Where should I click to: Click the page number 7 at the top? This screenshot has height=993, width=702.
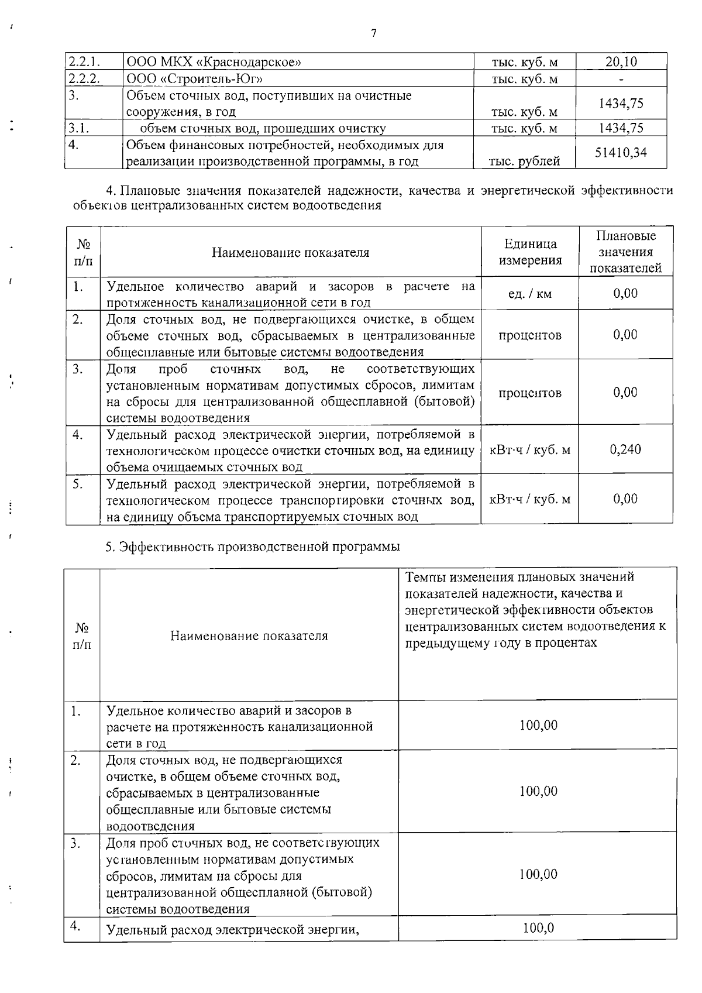click(x=373, y=33)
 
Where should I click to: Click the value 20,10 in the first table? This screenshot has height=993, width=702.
click(x=621, y=62)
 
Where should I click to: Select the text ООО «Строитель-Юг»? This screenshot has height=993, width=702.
click(x=195, y=79)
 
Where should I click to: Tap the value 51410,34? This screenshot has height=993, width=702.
click(x=621, y=153)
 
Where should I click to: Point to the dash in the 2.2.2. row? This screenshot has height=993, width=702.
click(x=621, y=79)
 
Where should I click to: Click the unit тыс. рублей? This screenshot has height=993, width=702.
click(x=525, y=161)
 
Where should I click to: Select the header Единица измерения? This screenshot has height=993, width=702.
click(x=530, y=252)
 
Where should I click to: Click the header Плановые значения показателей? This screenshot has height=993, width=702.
click(x=625, y=252)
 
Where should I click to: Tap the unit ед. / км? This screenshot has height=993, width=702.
click(x=530, y=294)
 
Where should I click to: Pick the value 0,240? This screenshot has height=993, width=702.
click(x=625, y=449)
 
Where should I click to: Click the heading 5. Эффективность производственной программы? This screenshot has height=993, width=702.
click(x=253, y=547)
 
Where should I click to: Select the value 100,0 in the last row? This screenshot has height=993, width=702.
click(x=538, y=928)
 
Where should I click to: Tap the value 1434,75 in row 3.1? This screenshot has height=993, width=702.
click(x=621, y=128)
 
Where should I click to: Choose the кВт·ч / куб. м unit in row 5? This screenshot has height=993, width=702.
click(x=530, y=499)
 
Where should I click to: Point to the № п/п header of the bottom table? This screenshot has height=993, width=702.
click(x=82, y=635)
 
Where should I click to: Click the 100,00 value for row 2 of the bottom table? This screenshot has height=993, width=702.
click(x=538, y=792)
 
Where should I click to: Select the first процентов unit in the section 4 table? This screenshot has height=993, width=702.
click(x=530, y=335)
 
